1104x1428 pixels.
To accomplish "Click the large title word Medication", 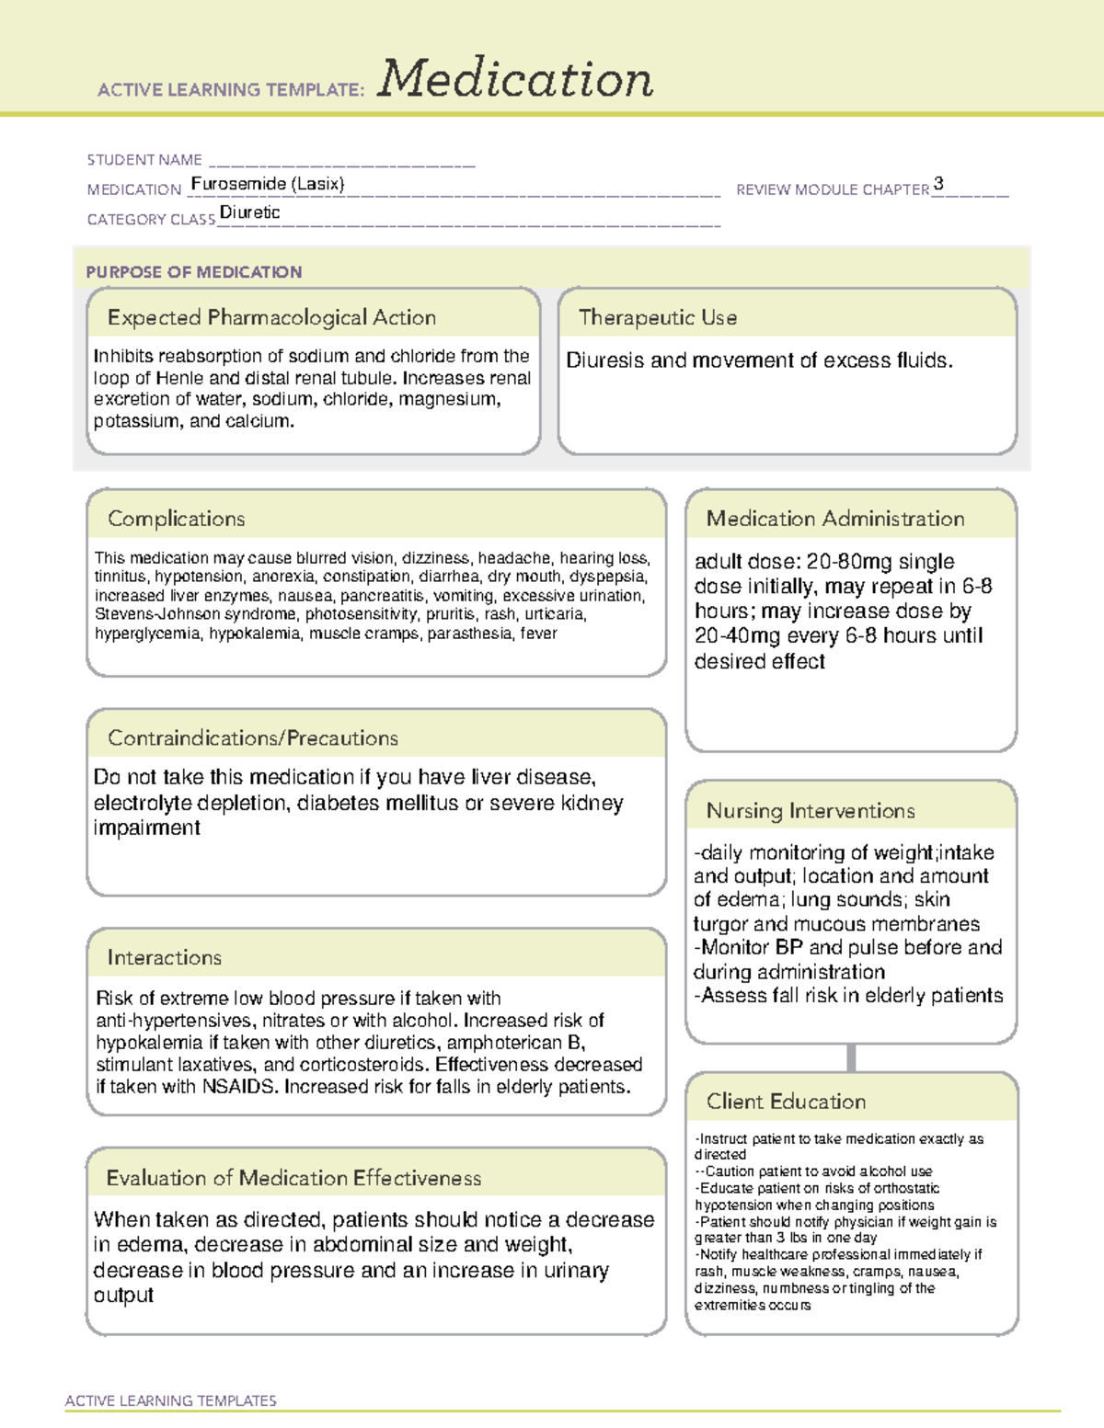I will pyautogui.click(x=515, y=79).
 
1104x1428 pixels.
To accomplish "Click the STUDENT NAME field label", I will pyautogui.click(x=144, y=160).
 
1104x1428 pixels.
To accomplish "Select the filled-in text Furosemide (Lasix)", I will pyautogui.click(x=268, y=184).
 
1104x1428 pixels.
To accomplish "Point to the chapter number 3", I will pyautogui.click(x=938, y=184).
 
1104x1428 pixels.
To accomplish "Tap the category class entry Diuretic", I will pyautogui.click(x=250, y=212).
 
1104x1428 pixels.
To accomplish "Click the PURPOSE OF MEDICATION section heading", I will pyautogui.click(x=194, y=272).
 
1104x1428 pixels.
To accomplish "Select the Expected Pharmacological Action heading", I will pyautogui.click(x=271, y=317).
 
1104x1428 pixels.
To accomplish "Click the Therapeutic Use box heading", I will pyautogui.click(x=658, y=317).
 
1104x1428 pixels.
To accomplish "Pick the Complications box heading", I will pyautogui.click(x=177, y=519).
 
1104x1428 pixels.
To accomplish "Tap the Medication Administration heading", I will pyautogui.click(x=835, y=519).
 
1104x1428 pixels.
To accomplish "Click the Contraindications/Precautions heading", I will pyautogui.click(x=253, y=738).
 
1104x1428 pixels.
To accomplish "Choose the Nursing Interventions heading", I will pyautogui.click(x=811, y=811).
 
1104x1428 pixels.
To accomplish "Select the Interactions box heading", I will pyautogui.click(x=165, y=958).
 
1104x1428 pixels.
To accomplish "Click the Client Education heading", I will pyautogui.click(x=787, y=1102).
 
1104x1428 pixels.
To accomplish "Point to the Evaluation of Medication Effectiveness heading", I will pyautogui.click(x=293, y=1178).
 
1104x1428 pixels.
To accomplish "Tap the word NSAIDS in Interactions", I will pyautogui.click(x=240, y=1087).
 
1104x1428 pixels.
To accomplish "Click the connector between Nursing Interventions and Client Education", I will pyautogui.click(x=851, y=1057).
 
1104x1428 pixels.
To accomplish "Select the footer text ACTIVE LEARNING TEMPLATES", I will pyautogui.click(x=171, y=1400).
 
